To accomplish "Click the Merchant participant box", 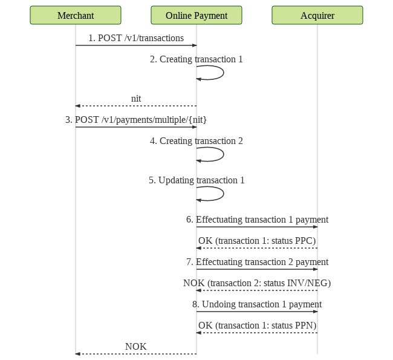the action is [x=76, y=15].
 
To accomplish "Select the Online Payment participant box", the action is [x=197, y=15].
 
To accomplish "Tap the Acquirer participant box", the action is [x=317, y=15].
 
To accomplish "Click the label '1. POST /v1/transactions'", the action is [x=136, y=38].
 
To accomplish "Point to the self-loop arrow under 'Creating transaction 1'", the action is [x=224, y=73].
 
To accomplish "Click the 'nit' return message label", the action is [x=136, y=99].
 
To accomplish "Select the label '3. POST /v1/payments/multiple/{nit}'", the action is [x=136, y=120].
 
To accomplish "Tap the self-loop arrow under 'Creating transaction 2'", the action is [x=224, y=154].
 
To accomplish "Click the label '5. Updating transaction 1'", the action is [x=197, y=180].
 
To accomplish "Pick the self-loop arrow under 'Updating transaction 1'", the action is [x=224, y=194].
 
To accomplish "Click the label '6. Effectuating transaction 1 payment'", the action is [x=257, y=220].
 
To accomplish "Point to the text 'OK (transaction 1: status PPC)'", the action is [x=257, y=241].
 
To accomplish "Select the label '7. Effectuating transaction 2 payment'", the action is [x=257, y=262].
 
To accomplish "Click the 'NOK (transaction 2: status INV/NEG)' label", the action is [x=257, y=283].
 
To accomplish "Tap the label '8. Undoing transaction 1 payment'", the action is [x=257, y=304].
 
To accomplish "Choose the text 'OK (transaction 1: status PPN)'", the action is [x=257, y=326].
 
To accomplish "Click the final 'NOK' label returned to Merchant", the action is [x=136, y=347].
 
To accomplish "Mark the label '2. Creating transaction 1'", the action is [x=197, y=59].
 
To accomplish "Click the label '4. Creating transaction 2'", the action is [x=197, y=141].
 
